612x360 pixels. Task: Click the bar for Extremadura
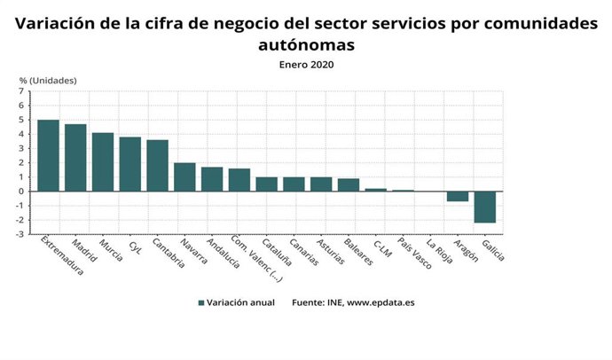point(48,155)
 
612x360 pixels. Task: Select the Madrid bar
point(75,158)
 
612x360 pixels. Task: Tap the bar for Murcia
point(103,161)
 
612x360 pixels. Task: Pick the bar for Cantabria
point(157,165)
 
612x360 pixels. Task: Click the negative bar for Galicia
point(484,207)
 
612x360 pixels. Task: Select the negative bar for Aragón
point(457,196)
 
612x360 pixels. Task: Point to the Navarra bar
point(184,176)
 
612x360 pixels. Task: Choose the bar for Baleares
point(349,184)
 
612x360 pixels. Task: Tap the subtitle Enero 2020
point(306,64)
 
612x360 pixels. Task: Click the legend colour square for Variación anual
point(202,303)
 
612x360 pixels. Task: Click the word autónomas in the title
point(306,44)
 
